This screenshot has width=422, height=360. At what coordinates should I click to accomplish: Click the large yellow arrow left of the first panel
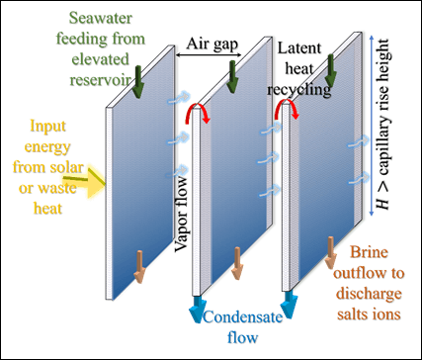(x=95, y=180)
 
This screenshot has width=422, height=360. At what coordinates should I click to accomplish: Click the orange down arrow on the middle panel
(x=236, y=263)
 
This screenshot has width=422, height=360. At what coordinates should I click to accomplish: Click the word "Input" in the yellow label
(x=49, y=127)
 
